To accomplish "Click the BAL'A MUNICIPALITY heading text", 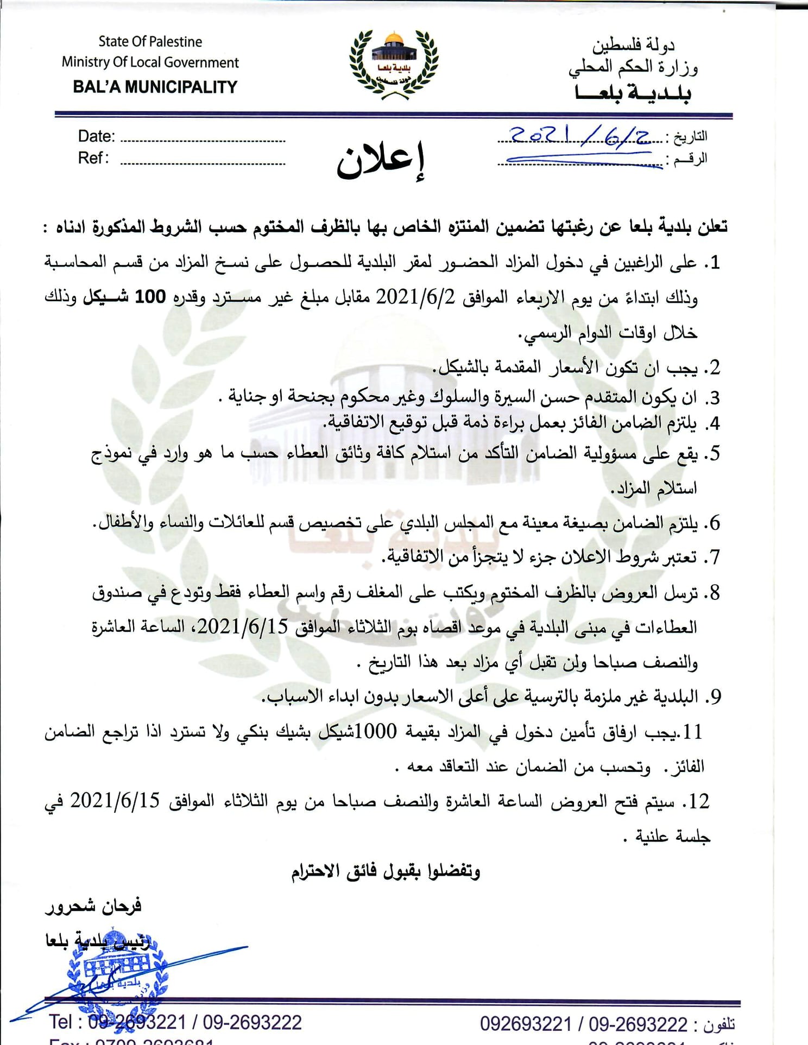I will coord(155,87).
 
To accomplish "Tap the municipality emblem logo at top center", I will coord(393,64).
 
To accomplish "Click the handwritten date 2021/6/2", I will coord(580,136).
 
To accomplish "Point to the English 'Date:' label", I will coord(96,136).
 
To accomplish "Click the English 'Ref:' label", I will coord(93,158).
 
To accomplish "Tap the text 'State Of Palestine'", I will coord(150,42).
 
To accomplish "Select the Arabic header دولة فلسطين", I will coord(633,46).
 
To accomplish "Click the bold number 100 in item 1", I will coord(150,297).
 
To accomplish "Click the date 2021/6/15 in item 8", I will coord(242,626).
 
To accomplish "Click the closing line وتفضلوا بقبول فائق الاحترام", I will coord(386,871).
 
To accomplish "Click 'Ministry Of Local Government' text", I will coord(150,62).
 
